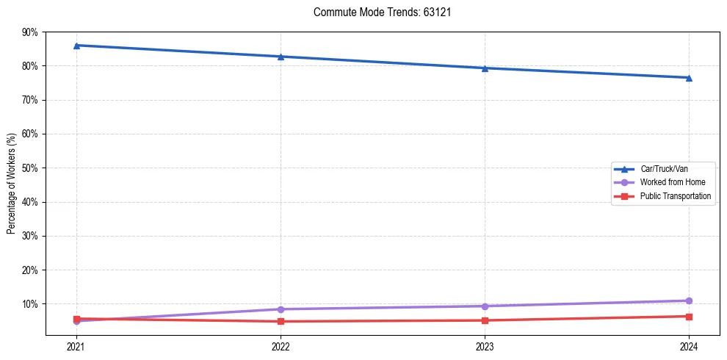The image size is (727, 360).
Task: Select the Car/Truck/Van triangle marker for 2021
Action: pyautogui.click(x=76, y=46)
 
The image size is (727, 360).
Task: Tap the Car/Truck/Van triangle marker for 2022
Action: pyautogui.click(x=281, y=57)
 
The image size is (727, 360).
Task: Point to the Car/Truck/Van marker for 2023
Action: pyautogui.click(x=485, y=68)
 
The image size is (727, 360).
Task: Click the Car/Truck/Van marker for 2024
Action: pyautogui.click(x=689, y=78)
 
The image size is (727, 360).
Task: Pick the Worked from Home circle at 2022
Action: pyautogui.click(x=281, y=309)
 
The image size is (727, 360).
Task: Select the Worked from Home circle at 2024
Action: pyautogui.click(x=689, y=300)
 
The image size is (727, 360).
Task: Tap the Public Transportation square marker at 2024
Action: pyautogui.click(x=689, y=317)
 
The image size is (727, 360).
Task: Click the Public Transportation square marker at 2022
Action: pyautogui.click(x=281, y=321)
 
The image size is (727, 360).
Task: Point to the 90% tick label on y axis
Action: pyautogui.click(x=29, y=32)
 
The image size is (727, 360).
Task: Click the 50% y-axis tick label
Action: pyautogui.click(x=29, y=168)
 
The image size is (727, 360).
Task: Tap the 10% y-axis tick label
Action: pyautogui.click(x=29, y=304)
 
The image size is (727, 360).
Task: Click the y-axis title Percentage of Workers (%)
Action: pyautogui.click(x=11, y=183)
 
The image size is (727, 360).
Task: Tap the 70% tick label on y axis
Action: pyautogui.click(x=29, y=100)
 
